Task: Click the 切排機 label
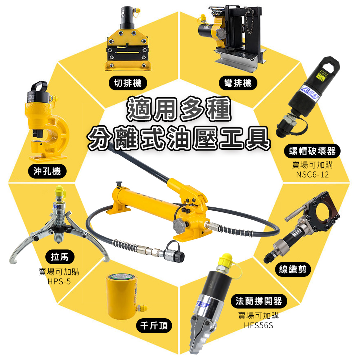click(x=128, y=83)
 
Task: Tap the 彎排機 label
click(x=238, y=83)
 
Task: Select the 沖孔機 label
click(x=47, y=171)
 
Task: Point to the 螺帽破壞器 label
click(x=312, y=151)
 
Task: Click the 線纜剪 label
click(x=293, y=269)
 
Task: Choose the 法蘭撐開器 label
click(x=259, y=301)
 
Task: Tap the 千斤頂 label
click(x=154, y=325)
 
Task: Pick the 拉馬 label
click(x=60, y=257)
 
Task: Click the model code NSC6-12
click(x=312, y=175)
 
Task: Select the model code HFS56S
click(x=258, y=325)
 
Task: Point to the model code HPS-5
click(x=59, y=282)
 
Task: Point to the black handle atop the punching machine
click(x=39, y=86)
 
